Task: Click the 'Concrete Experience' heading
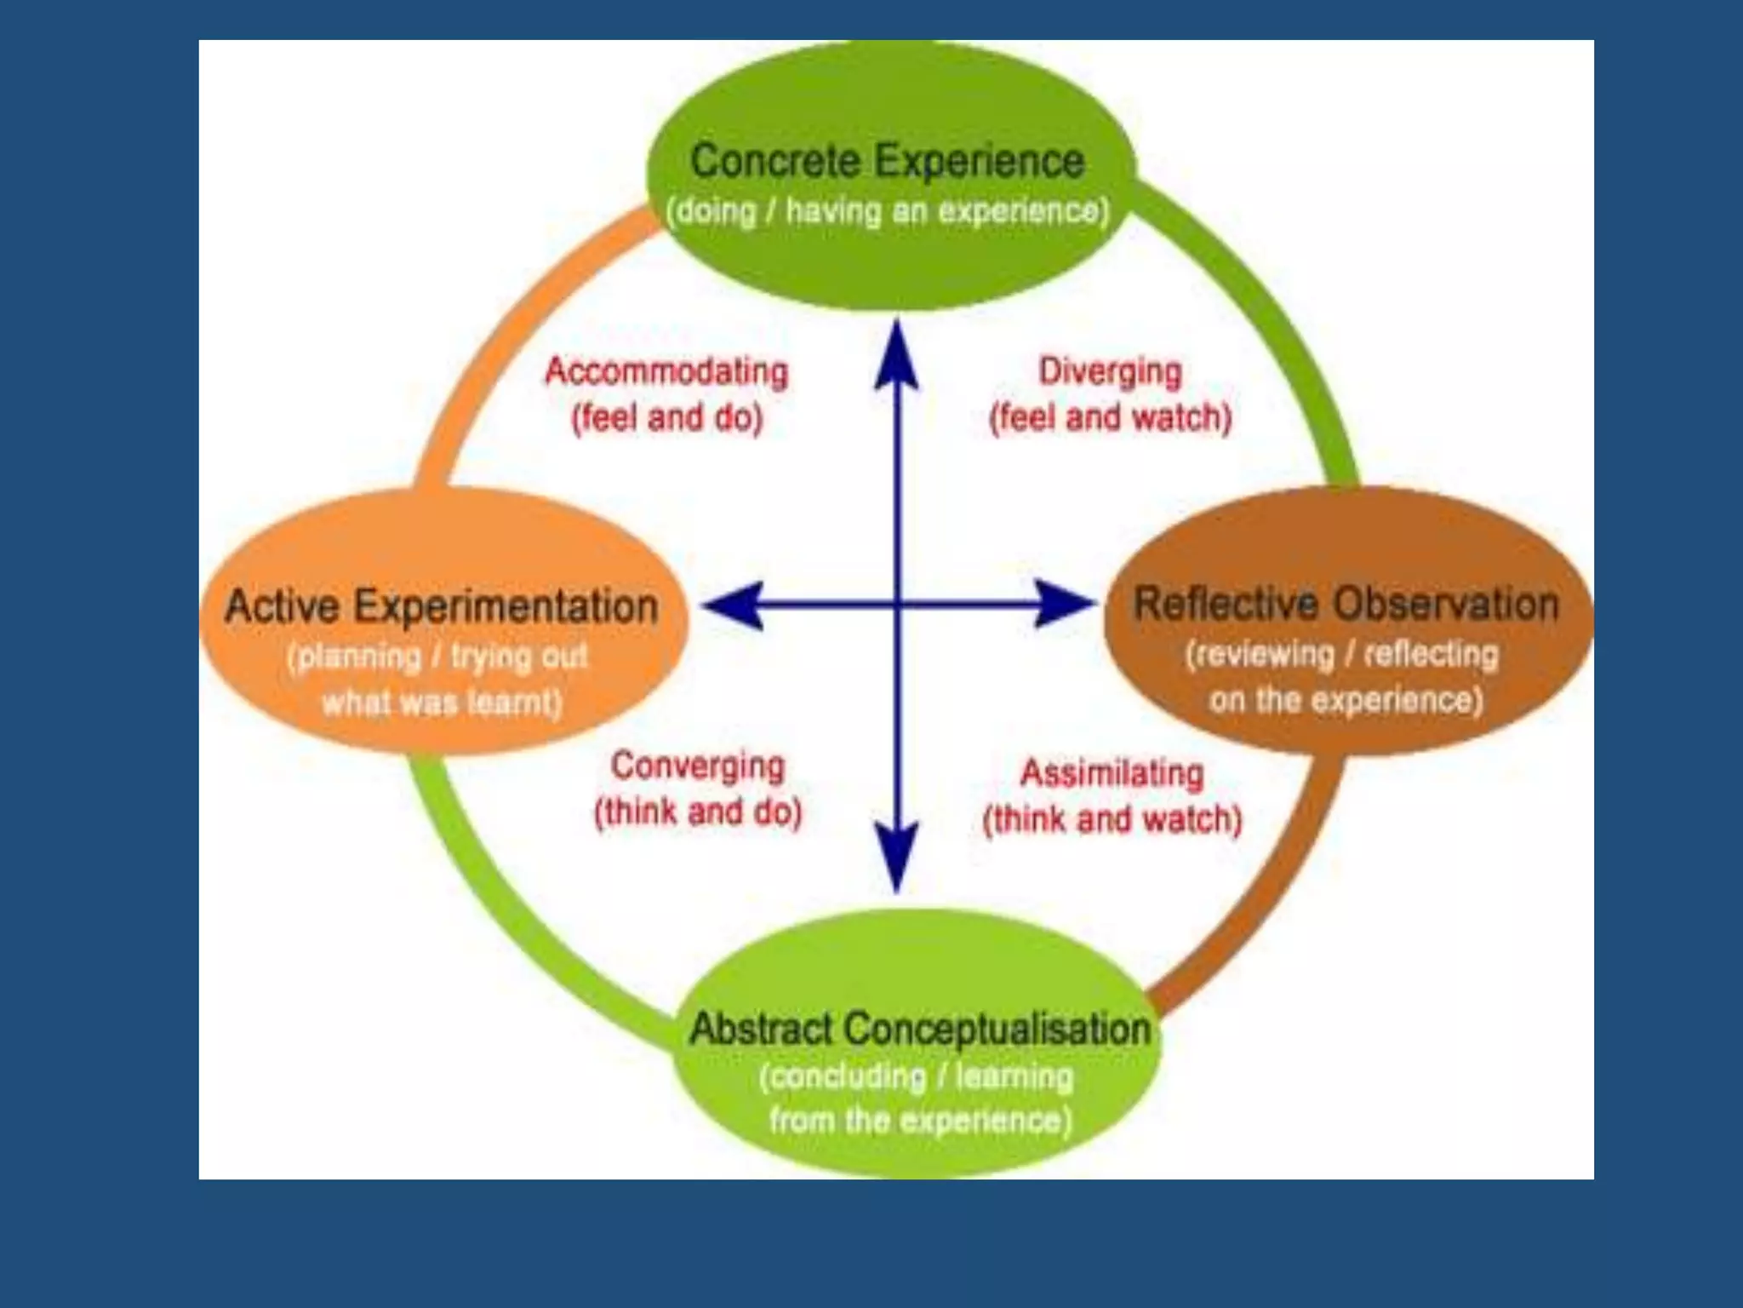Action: [x=887, y=161]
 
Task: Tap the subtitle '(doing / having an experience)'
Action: [x=888, y=210]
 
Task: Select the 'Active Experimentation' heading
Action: [x=442, y=606]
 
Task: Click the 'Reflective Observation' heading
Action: [x=1346, y=604]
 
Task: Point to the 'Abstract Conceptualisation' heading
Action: [x=919, y=1028]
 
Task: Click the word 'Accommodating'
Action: [x=666, y=371]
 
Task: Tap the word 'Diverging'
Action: [x=1110, y=371]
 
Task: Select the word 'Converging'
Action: [x=697, y=766]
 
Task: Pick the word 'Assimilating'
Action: [x=1112, y=773]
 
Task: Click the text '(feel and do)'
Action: [x=666, y=418]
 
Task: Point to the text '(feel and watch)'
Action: [x=1110, y=418]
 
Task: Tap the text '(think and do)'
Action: [x=698, y=812]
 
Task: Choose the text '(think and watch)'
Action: [x=1112, y=819]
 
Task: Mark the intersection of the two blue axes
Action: [x=897, y=605]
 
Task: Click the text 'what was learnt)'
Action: [x=442, y=703]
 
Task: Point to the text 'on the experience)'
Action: [x=1346, y=700]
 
